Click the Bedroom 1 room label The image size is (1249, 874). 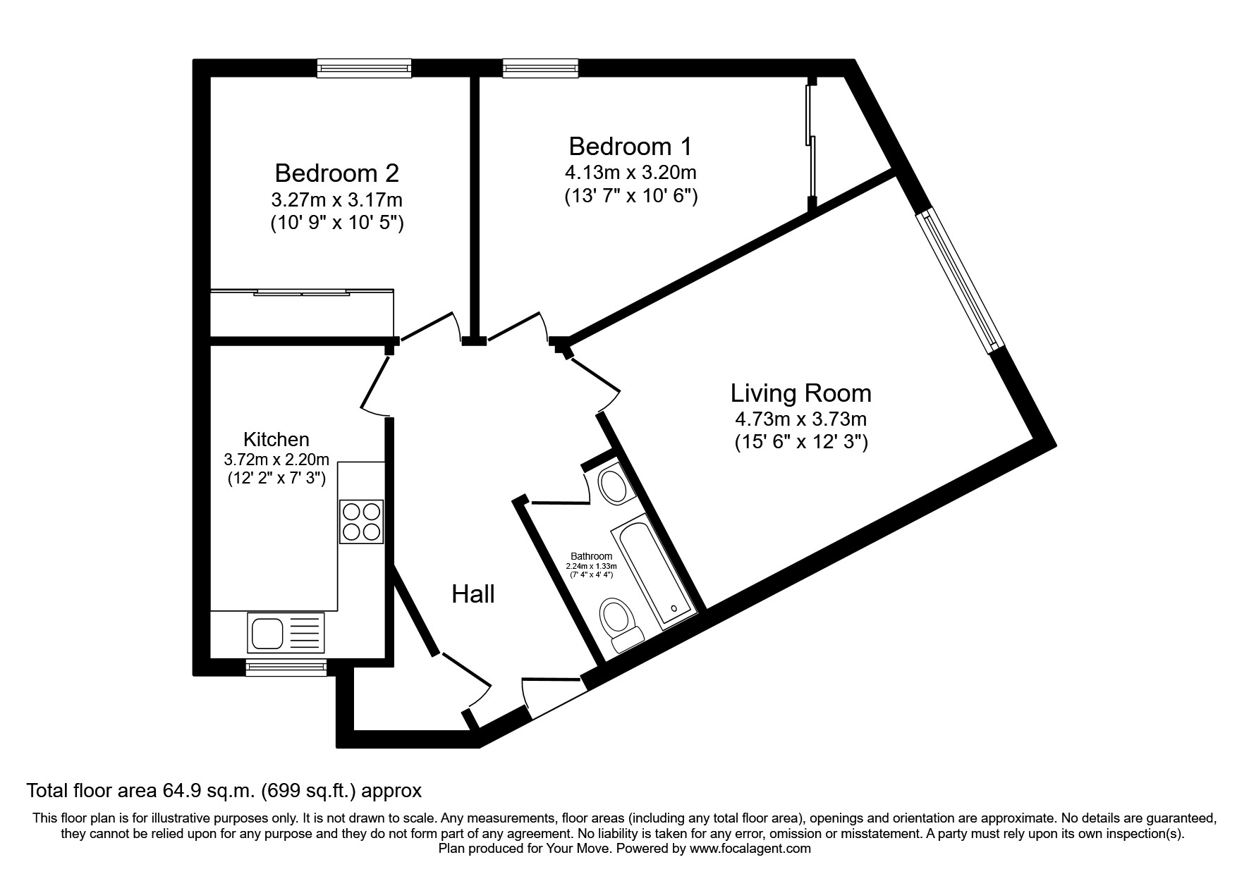point(630,147)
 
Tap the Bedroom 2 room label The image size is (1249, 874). point(336,173)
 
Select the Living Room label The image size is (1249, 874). point(800,393)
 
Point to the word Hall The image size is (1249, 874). point(473,594)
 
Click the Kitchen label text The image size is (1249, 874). point(276,439)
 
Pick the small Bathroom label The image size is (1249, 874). point(591,556)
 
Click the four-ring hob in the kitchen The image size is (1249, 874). point(361,522)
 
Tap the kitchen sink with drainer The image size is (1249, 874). point(286,632)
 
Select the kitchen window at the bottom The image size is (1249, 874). point(286,667)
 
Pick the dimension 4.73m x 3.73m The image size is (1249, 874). point(800,419)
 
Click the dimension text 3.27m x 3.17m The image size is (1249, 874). point(336,199)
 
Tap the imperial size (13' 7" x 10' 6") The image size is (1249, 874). point(630,195)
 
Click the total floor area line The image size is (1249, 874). point(224,791)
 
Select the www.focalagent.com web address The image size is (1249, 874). point(750,849)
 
